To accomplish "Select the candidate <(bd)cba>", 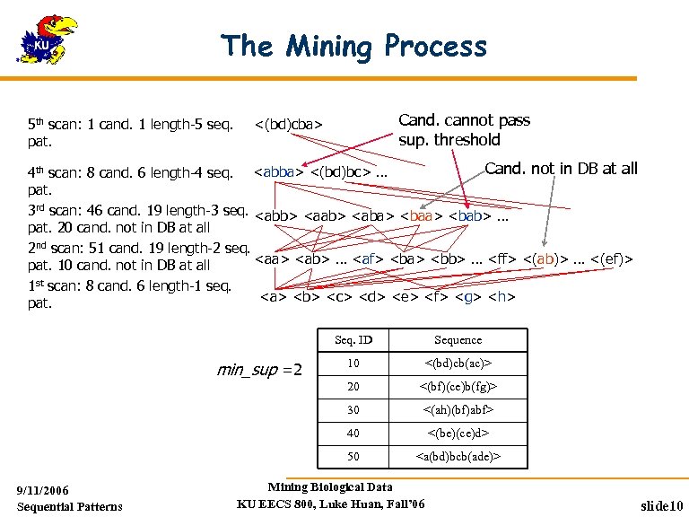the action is coord(289,123).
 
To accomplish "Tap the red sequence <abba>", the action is coord(278,170).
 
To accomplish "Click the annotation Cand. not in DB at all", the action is coord(561,168).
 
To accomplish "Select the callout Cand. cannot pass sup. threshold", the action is coord(464,129).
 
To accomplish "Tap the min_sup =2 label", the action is coord(260,369).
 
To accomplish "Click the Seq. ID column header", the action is coord(353,340).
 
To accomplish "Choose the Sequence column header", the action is coord(458,340).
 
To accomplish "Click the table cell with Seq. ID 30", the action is coord(353,410).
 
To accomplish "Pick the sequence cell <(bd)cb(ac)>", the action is coord(458,364).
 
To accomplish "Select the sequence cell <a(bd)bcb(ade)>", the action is coord(458,457).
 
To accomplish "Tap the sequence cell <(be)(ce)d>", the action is coord(458,434).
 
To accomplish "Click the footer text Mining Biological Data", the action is coord(330,487).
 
